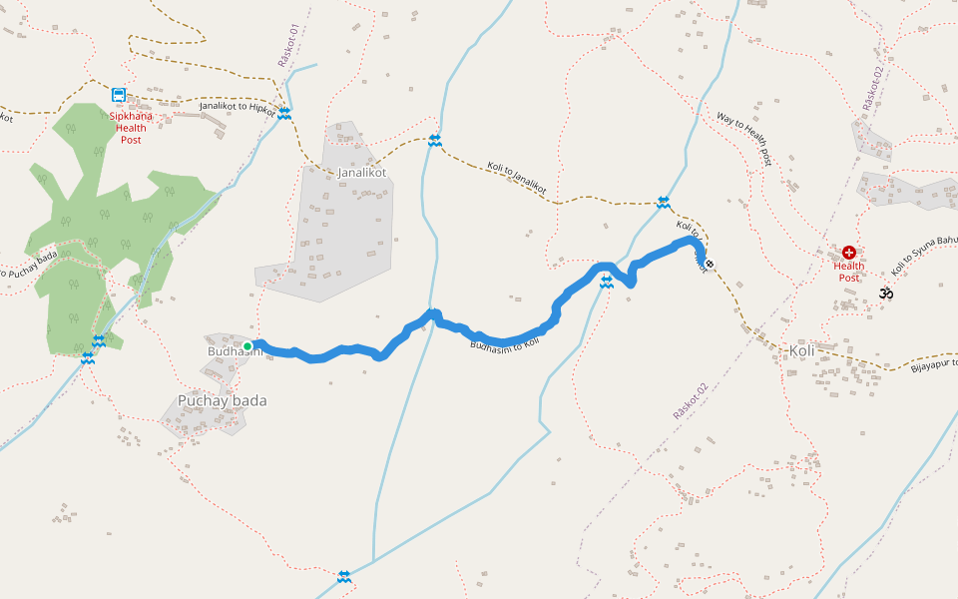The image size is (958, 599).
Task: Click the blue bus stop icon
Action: tap(119, 95)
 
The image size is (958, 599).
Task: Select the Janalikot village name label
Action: tap(361, 173)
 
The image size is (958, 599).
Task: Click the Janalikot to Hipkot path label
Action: tap(237, 107)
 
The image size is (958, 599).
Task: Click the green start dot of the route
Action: tap(247, 346)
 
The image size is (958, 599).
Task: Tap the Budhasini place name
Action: tap(233, 351)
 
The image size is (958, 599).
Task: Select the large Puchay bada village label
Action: tap(222, 400)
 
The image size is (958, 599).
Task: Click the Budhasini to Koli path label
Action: tap(503, 342)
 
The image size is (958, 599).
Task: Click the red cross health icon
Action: tap(849, 254)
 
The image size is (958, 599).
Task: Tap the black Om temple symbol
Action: tap(885, 294)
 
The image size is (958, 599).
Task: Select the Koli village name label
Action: tap(802, 351)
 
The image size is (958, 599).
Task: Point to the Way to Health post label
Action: tap(744, 138)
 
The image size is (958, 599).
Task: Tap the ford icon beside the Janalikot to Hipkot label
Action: tap(284, 114)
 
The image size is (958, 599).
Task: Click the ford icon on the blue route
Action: tap(606, 284)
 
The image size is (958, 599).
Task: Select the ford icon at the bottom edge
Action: tap(344, 576)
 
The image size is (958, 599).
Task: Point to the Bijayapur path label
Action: tap(933, 363)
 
